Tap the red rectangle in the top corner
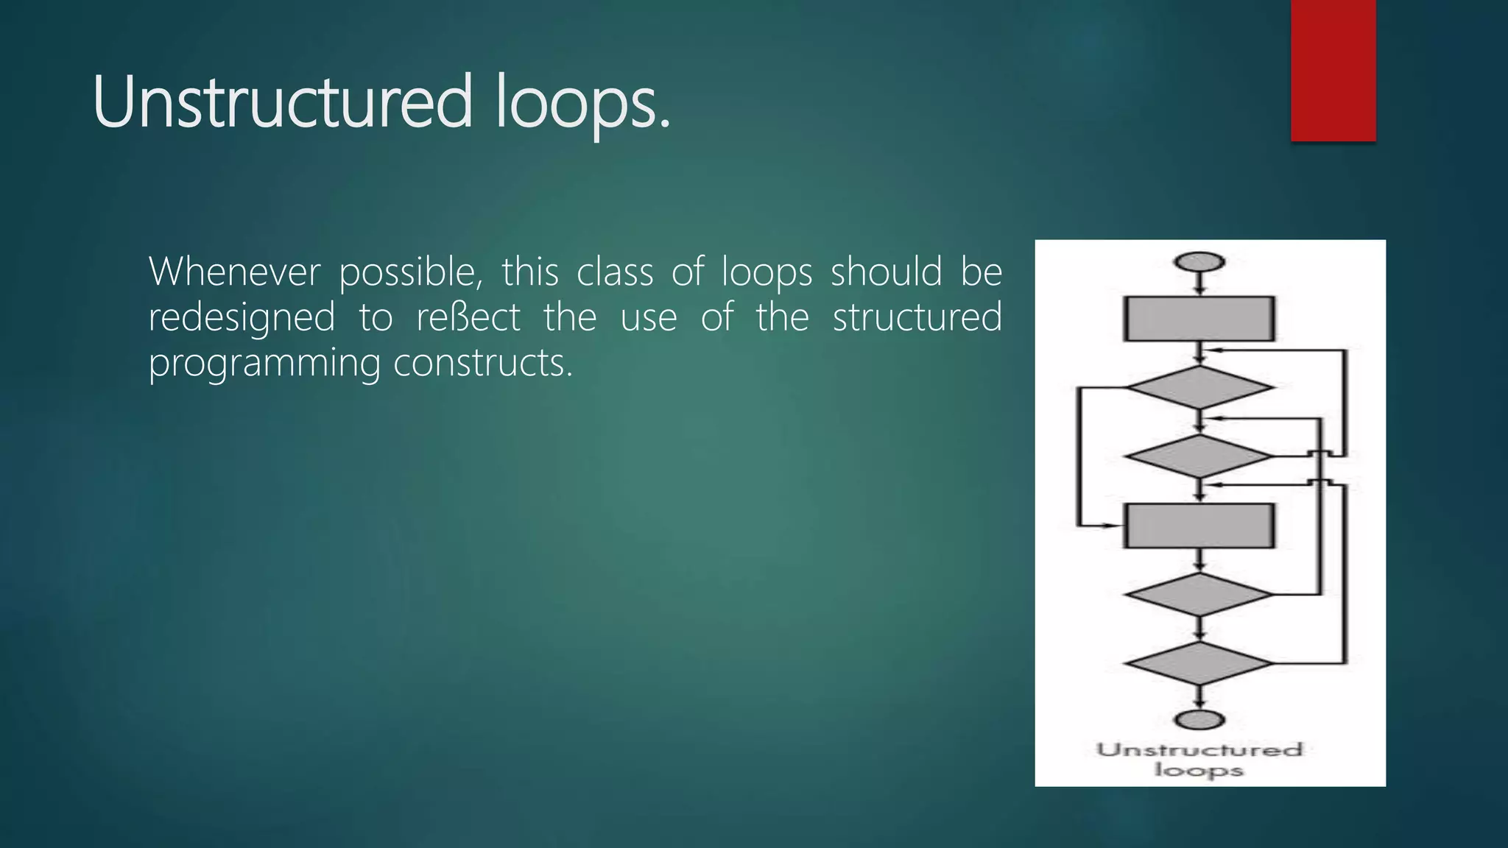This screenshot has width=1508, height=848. click(1333, 70)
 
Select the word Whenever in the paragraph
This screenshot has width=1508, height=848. click(234, 272)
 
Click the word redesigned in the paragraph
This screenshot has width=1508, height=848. click(242, 319)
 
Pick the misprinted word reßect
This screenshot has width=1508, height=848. click(468, 318)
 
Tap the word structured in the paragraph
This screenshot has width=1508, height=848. click(917, 318)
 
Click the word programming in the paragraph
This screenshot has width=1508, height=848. click(264, 364)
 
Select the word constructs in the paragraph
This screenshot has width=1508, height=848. click(482, 363)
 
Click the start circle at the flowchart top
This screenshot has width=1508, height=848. click(1200, 262)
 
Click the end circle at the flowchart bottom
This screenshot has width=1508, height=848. click(1200, 719)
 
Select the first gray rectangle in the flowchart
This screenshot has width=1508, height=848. click(1199, 319)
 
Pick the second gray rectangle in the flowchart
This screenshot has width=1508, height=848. click(1199, 526)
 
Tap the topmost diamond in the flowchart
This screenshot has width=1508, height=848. click(1199, 387)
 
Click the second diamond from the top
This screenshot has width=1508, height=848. click(1199, 456)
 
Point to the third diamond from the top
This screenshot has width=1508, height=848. click(1199, 594)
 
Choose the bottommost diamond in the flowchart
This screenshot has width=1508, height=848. click(1199, 662)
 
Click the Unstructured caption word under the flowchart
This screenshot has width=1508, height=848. click(1199, 750)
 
